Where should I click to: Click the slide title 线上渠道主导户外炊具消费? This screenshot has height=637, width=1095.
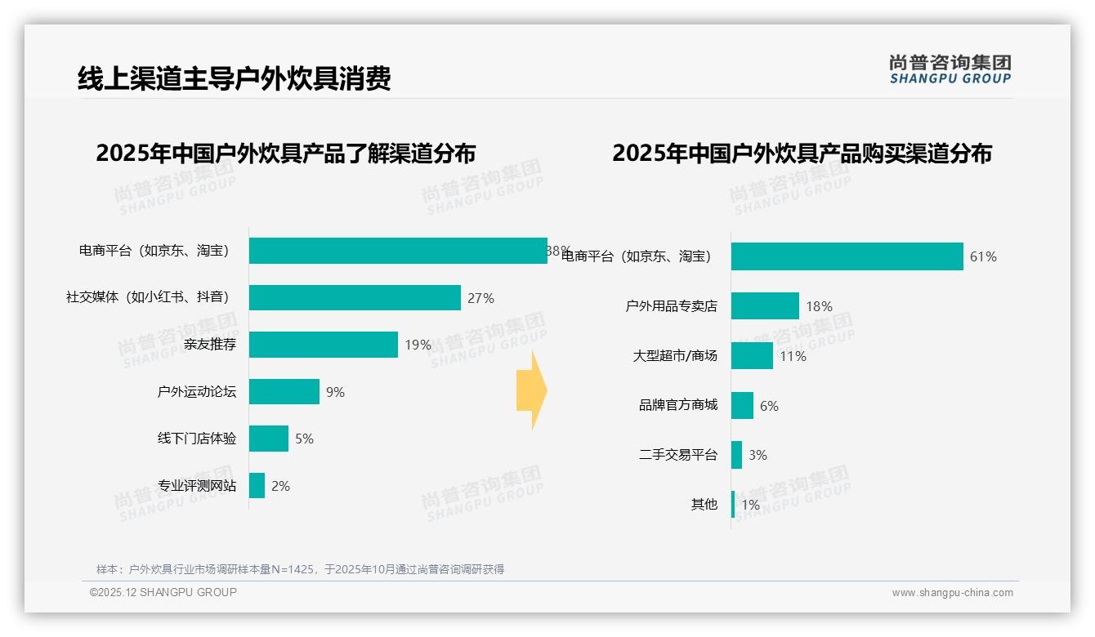coord(234,78)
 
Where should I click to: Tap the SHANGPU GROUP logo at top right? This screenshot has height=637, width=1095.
coord(950,69)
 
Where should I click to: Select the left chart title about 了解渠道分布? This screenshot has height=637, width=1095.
coord(285,153)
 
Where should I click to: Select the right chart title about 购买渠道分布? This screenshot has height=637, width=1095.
coord(802,153)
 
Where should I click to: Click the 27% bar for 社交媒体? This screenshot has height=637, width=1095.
coord(355,298)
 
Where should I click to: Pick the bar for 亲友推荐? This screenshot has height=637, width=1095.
coord(323,345)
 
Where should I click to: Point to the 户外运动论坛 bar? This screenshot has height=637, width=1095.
coord(284,392)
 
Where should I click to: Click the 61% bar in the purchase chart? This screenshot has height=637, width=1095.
coord(847,256)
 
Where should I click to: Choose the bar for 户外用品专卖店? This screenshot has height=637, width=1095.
coord(765,306)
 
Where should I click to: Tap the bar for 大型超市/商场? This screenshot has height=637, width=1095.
coord(752,356)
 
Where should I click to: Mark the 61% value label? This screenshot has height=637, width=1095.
coord(983,256)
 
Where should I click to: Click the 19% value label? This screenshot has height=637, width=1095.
coord(418,345)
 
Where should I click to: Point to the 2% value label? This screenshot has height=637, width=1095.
coord(280,486)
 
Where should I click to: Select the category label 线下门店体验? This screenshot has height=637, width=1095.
coord(197,439)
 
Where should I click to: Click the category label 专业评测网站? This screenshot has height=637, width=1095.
coord(197,486)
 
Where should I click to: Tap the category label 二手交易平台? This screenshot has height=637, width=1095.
coord(677,455)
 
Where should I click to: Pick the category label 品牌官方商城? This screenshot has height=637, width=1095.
coord(677,405)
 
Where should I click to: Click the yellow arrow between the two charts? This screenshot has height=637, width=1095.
coord(531,391)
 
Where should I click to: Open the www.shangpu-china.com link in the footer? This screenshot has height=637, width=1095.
coord(952,593)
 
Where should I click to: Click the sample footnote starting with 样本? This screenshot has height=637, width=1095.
coord(300,569)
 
